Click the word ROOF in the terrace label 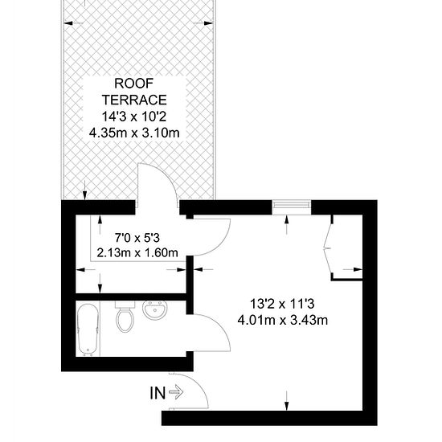coord(134,84)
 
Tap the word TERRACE coord(134,100)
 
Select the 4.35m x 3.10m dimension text coord(134,133)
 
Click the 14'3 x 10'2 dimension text coord(134,117)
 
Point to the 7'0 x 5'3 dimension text coord(137,238)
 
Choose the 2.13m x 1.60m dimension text coord(137,252)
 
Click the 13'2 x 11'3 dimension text coord(282,304)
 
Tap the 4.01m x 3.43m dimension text coord(282,320)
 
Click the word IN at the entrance coord(158,393)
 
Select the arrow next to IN coord(176,392)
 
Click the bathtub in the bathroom coord(88,329)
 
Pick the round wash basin coord(155,310)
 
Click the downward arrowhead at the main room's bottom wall coord(287,406)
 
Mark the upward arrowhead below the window coord(287,219)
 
